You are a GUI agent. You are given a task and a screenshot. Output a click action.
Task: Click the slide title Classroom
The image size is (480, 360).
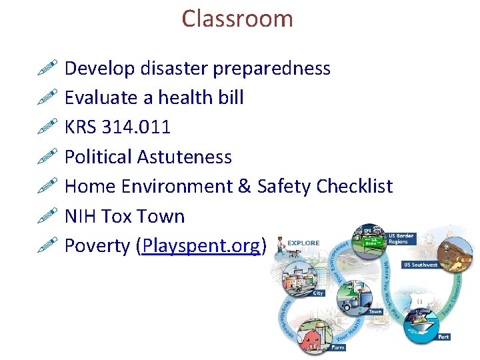click(x=237, y=18)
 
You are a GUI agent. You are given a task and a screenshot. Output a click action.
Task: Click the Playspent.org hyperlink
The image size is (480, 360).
click(x=201, y=246)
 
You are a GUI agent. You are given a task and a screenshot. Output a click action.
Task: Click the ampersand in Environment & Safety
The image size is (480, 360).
click(x=243, y=187)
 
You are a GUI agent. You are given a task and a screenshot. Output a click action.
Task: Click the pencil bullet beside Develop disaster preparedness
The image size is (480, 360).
click(x=49, y=67)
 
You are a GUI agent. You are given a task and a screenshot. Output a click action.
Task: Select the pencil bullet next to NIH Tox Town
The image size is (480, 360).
click(x=49, y=216)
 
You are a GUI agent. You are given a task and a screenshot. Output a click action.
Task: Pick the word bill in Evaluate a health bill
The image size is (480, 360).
click(x=230, y=97)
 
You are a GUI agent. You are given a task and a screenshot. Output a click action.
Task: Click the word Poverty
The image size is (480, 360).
click(x=97, y=246)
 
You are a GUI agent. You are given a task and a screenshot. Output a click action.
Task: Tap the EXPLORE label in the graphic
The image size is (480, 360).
click(x=303, y=243)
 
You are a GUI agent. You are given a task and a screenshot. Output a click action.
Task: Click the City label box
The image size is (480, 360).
click(x=319, y=293)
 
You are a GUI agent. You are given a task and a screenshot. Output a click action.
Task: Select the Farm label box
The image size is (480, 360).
click(x=339, y=347)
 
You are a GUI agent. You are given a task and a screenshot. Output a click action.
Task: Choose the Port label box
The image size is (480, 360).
click(x=443, y=337)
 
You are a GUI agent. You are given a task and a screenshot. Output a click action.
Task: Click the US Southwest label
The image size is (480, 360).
click(x=421, y=265)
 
